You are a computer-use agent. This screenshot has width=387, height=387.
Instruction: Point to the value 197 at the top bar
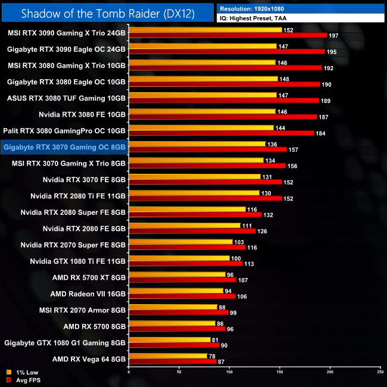333,35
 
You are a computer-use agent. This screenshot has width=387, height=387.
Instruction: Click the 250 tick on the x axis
380,372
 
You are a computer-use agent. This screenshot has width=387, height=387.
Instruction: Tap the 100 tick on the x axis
229,372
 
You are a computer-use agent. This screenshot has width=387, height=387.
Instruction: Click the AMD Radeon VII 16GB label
88,294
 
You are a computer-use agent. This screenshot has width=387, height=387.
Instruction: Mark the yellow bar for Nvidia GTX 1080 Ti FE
179,258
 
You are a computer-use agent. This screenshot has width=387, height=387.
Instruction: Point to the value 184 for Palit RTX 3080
320,133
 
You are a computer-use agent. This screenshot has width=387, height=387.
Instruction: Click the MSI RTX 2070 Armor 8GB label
82,310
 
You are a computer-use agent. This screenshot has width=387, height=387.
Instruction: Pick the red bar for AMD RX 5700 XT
182,280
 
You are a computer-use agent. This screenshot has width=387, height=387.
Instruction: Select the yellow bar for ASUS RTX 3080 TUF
202,95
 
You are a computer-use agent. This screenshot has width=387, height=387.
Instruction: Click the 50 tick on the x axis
179,372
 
